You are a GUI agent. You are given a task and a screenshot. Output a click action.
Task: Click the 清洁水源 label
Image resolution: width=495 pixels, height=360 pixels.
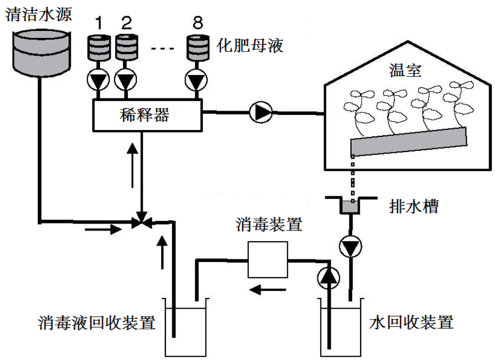coord(38,13)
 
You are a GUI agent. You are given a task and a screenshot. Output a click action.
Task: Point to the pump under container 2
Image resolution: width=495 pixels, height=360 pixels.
coord(126,81)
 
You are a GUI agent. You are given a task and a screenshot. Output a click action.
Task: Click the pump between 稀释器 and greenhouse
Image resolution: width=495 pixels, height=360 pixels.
coord(261,112)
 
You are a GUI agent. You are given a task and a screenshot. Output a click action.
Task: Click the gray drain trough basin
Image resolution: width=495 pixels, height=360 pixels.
coord(351,206)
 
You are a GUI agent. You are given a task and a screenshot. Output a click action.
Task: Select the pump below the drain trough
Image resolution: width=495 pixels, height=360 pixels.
coord(351,248)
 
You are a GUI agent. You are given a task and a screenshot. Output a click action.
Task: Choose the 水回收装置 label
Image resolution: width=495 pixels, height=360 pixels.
coord(412,323)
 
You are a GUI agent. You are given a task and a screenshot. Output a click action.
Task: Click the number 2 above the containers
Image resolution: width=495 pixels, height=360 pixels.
coord(126,22)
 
